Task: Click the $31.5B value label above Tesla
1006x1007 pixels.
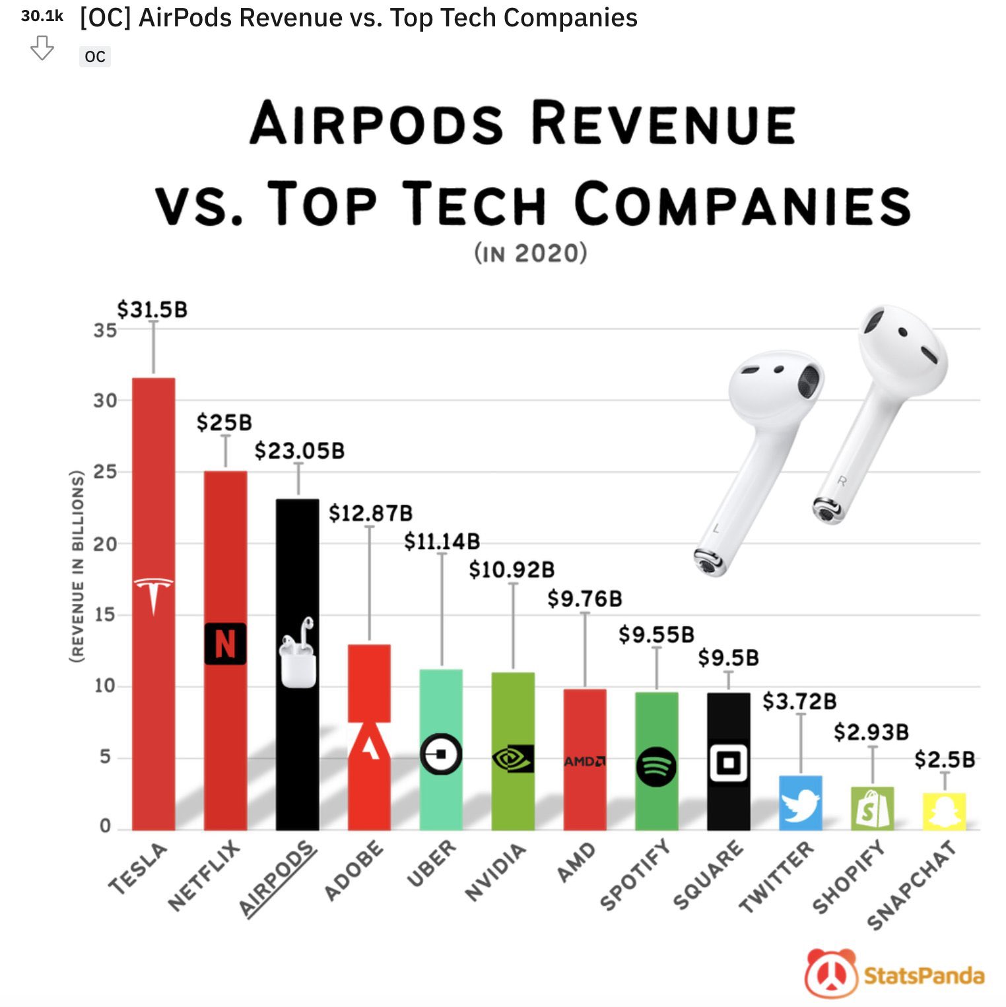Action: pyautogui.click(x=152, y=309)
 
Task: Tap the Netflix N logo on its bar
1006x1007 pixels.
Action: pyautogui.click(x=225, y=643)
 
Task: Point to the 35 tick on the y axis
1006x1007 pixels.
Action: pyautogui.click(x=105, y=330)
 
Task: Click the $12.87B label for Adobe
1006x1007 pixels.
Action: pyautogui.click(x=370, y=513)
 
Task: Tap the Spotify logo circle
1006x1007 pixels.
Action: pyautogui.click(x=656, y=766)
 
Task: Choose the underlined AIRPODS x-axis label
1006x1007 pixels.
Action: pyautogui.click(x=277, y=878)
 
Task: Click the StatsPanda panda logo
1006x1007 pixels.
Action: pyautogui.click(x=830, y=974)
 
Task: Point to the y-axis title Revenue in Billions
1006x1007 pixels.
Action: pyautogui.click(x=78, y=566)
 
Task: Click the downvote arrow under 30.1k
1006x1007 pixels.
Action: pyautogui.click(x=42, y=49)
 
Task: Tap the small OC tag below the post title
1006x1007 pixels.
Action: pyautogui.click(x=95, y=57)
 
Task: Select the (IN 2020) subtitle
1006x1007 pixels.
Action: pyautogui.click(x=530, y=253)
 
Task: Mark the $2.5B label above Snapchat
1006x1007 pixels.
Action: pyautogui.click(x=945, y=760)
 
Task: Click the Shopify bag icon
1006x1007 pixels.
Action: pyautogui.click(x=872, y=810)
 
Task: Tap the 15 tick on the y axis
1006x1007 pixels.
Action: pyautogui.click(x=105, y=615)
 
